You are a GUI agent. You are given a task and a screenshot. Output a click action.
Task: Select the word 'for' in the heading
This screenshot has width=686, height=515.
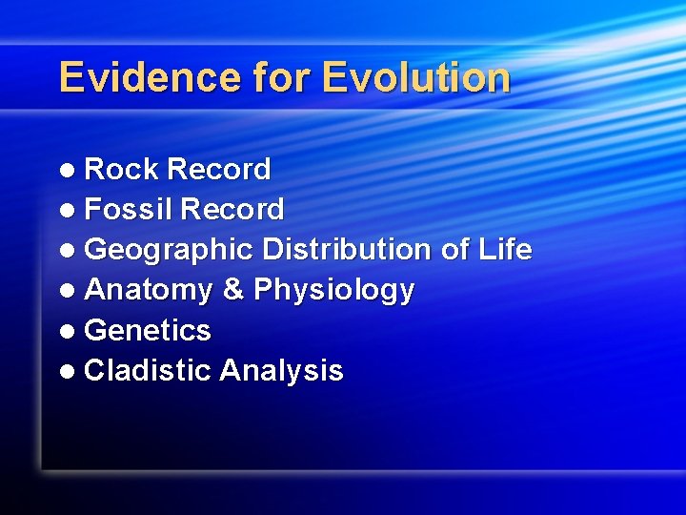tap(282, 77)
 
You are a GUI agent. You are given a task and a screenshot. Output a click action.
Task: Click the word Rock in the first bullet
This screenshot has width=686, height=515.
tap(121, 170)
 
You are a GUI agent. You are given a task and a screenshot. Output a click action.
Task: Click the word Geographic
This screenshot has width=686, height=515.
tap(169, 251)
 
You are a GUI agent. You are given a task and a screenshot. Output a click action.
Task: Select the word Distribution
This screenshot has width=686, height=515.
tap(347, 250)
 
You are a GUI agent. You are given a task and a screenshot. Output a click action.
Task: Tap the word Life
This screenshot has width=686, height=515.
tap(505, 250)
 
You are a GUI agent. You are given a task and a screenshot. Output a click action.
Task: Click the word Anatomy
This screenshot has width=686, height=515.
tap(149, 291)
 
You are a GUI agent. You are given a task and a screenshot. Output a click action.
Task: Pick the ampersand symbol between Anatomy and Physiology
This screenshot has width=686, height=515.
tap(233, 290)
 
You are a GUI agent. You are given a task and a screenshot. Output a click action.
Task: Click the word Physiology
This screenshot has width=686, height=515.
tap(333, 291)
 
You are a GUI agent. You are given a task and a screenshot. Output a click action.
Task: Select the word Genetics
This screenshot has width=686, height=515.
tap(148, 331)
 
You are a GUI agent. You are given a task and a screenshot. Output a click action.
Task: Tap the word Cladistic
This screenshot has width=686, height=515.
tap(148, 371)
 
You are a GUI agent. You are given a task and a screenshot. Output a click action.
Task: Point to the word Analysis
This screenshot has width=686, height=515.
tap(281, 371)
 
